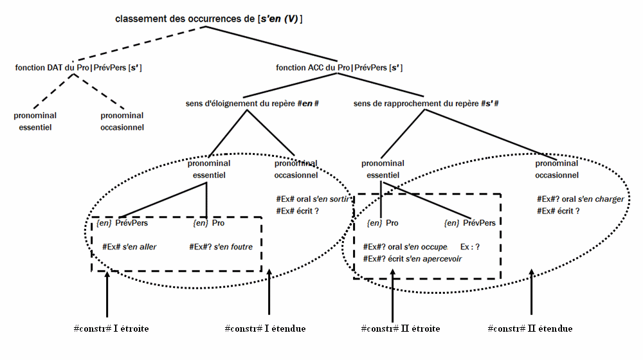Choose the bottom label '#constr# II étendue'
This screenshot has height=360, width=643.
pyautogui.click(x=530, y=328)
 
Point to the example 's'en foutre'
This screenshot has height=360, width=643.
pyautogui.click(x=221, y=246)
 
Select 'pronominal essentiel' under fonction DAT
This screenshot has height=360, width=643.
pyautogui.click(x=35, y=122)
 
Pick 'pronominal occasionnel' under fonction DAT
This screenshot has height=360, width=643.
pyautogui.click(x=122, y=122)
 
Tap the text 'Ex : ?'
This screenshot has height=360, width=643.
pyautogui.click(x=471, y=247)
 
